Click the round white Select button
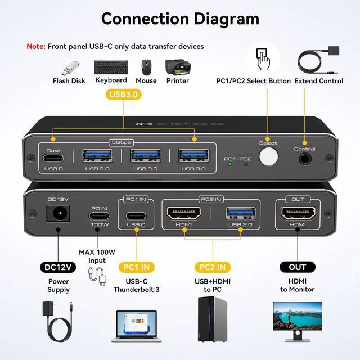(x=268, y=156)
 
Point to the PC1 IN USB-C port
(x=135, y=214)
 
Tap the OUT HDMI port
(x=298, y=213)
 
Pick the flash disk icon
(x=69, y=67)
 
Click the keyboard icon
(x=111, y=66)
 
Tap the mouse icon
(x=146, y=67)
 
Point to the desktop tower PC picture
(x=213, y=320)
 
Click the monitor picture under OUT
(x=298, y=320)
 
